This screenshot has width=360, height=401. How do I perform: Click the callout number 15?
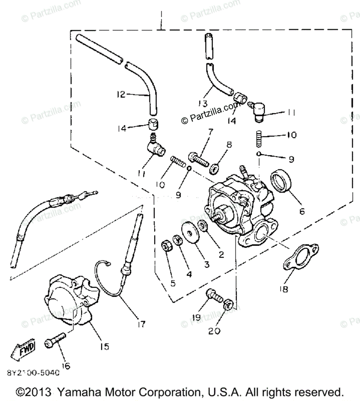tap(105, 346)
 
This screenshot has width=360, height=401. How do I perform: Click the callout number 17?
tap(141, 324)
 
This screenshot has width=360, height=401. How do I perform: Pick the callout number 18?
tap(283, 289)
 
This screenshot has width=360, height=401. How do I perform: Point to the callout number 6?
tap(302, 211)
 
